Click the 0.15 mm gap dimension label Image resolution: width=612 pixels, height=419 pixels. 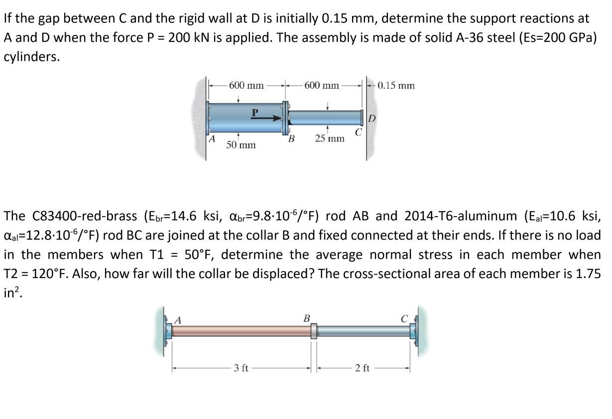tap(396, 85)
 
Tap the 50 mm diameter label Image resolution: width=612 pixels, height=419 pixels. tap(241, 144)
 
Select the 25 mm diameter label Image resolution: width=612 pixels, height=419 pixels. tap(330, 138)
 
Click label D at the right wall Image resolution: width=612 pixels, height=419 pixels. tap(371, 119)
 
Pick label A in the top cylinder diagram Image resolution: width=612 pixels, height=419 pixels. tap(212, 140)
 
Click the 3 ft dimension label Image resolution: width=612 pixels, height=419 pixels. tap(241, 368)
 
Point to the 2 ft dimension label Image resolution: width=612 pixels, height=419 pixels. tap(362, 368)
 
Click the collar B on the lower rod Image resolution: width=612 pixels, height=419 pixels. tap(314, 331)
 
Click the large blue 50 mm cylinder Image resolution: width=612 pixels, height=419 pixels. tap(244, 118)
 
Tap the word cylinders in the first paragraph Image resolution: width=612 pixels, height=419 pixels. tap(31, 57)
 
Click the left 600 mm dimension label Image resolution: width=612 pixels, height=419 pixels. tap(246, 85)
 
